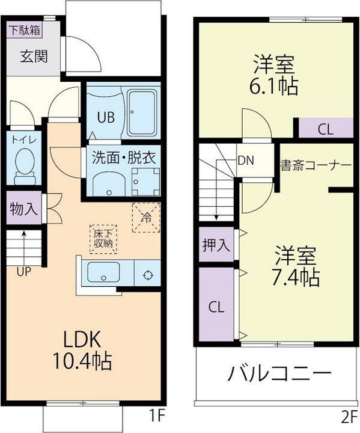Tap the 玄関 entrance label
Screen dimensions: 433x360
[x=33, y=57]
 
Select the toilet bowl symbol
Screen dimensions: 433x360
[x=25, y=162]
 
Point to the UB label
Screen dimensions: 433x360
[x=105, y=117]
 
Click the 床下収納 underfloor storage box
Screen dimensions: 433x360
[x=103, y=239]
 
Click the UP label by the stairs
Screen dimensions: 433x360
[x=24, y=271]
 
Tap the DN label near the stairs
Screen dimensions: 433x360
[x=245, y=161]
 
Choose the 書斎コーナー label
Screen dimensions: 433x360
[x=316, y=164]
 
